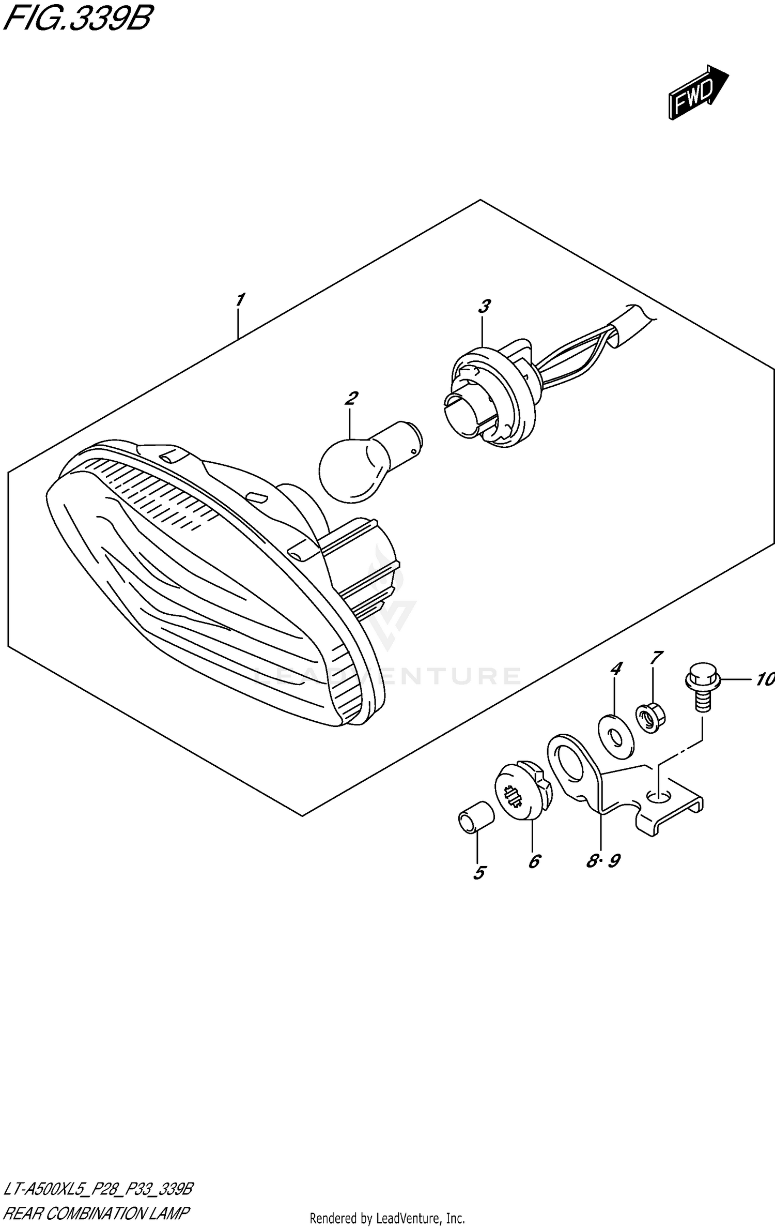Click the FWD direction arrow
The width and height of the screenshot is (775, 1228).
point(698,93)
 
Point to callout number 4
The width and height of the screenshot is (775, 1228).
point(615,669)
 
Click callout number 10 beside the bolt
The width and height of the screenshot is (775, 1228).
point(764,679)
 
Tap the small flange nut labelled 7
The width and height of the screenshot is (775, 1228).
point(650,719)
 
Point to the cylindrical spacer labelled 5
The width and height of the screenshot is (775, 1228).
point(475,817)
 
